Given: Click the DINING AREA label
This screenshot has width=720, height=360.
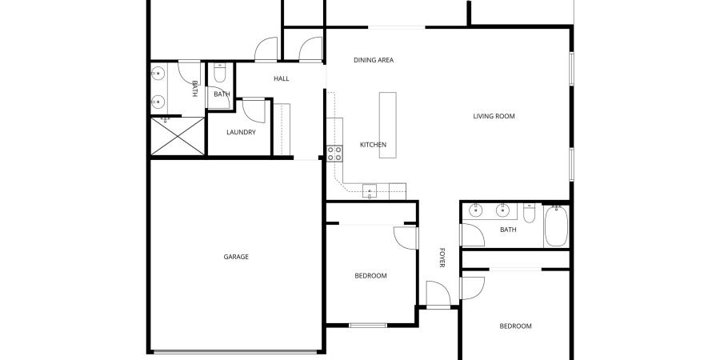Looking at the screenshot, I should click(374, 60).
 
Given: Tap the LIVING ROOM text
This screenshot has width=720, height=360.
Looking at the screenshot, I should click(494, 116).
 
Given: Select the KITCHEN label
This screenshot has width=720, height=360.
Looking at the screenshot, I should click(373, 145).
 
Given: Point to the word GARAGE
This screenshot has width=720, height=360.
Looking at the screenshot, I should click(236, 257).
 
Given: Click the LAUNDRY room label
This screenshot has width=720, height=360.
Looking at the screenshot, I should click(241, 132).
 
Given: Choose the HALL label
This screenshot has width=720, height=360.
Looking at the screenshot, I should click(282, 78).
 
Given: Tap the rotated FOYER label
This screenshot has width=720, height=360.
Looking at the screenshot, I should click(441, 258).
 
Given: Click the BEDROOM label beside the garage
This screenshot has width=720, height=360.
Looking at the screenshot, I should click(370, 276).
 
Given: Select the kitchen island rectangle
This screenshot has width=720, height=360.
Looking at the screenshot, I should click(387, 125).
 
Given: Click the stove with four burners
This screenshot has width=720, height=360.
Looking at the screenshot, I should click(334, 154).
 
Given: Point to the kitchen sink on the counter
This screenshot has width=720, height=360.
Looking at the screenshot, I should click(370, 190).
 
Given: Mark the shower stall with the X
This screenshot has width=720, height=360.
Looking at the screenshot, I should click(178, 136).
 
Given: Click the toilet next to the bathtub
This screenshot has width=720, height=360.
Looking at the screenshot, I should click(529, 214).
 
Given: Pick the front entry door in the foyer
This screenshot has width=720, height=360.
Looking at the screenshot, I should click(437, 294).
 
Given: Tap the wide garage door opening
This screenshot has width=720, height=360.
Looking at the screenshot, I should click(236, 351).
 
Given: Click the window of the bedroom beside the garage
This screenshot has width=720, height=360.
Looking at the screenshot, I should click(368, 325).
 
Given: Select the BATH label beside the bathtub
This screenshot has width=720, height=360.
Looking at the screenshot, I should click(508, 230).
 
